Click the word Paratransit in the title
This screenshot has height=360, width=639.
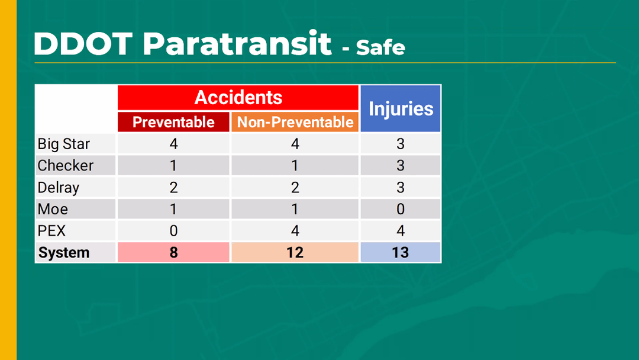[x=237, y=43]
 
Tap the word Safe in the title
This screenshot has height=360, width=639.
[x=380, y=48]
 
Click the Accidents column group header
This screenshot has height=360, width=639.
[x=238, y=98]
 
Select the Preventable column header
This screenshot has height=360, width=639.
[x=173, y=122]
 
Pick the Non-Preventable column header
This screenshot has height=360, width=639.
[x=295, y=122]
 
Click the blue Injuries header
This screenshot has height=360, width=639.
[x=401, y=108]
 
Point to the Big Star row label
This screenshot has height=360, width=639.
[x=63, y=144]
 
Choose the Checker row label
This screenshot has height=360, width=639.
[x=66, y=166]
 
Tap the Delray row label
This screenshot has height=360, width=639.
[x=58, y=188]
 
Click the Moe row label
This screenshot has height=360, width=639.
[x=53, y=209]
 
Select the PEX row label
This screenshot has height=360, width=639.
[x=51, y=231]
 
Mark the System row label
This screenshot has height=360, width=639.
[x=63, y=252]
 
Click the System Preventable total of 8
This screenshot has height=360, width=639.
[x=173, y=252]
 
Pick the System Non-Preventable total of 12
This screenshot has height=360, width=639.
[x=295, y=252]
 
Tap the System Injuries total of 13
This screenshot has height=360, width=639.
[x=401, y=252]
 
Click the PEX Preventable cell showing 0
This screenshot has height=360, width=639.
[x=173, y=231]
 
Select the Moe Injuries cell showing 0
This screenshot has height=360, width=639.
[x=401, y=209]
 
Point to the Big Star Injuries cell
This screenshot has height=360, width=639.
[x=401, y=144]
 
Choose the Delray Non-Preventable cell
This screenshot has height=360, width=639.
[x=295, y=188]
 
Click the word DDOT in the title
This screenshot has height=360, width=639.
[x=83, y=43]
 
